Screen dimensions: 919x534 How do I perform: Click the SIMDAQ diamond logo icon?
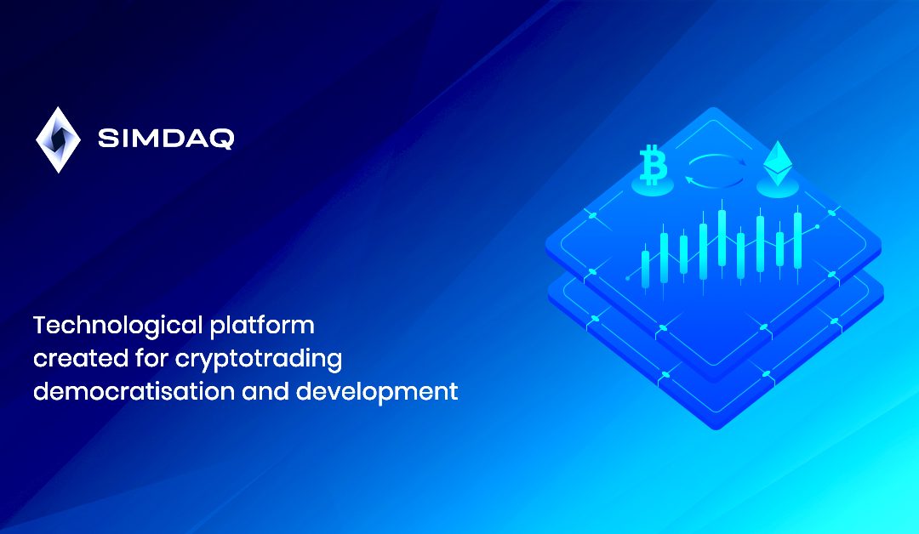coord(58,140)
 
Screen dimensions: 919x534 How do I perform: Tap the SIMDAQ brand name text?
coord(166,139)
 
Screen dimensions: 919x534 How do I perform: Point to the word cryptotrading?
coord(259,359)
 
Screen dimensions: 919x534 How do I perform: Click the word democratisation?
coord(134,391)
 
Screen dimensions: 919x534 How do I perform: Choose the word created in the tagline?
coord(81,358)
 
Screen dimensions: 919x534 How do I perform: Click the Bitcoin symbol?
coord(653,165)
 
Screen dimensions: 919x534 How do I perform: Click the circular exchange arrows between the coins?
coord(716,171)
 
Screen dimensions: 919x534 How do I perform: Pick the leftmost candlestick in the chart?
coord(645,268)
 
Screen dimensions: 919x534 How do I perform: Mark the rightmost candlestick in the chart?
coord(797,240)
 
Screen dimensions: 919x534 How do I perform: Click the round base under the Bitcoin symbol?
coord(653,187)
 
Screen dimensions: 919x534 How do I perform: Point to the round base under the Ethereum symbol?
coord(778,188)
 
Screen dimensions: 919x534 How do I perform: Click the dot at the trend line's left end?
coord(628,278)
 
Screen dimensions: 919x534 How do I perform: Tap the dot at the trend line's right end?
coord(817,226)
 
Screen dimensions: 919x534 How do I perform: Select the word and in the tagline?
coord(265,391)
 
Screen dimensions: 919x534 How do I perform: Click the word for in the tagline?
coord(151,358)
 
